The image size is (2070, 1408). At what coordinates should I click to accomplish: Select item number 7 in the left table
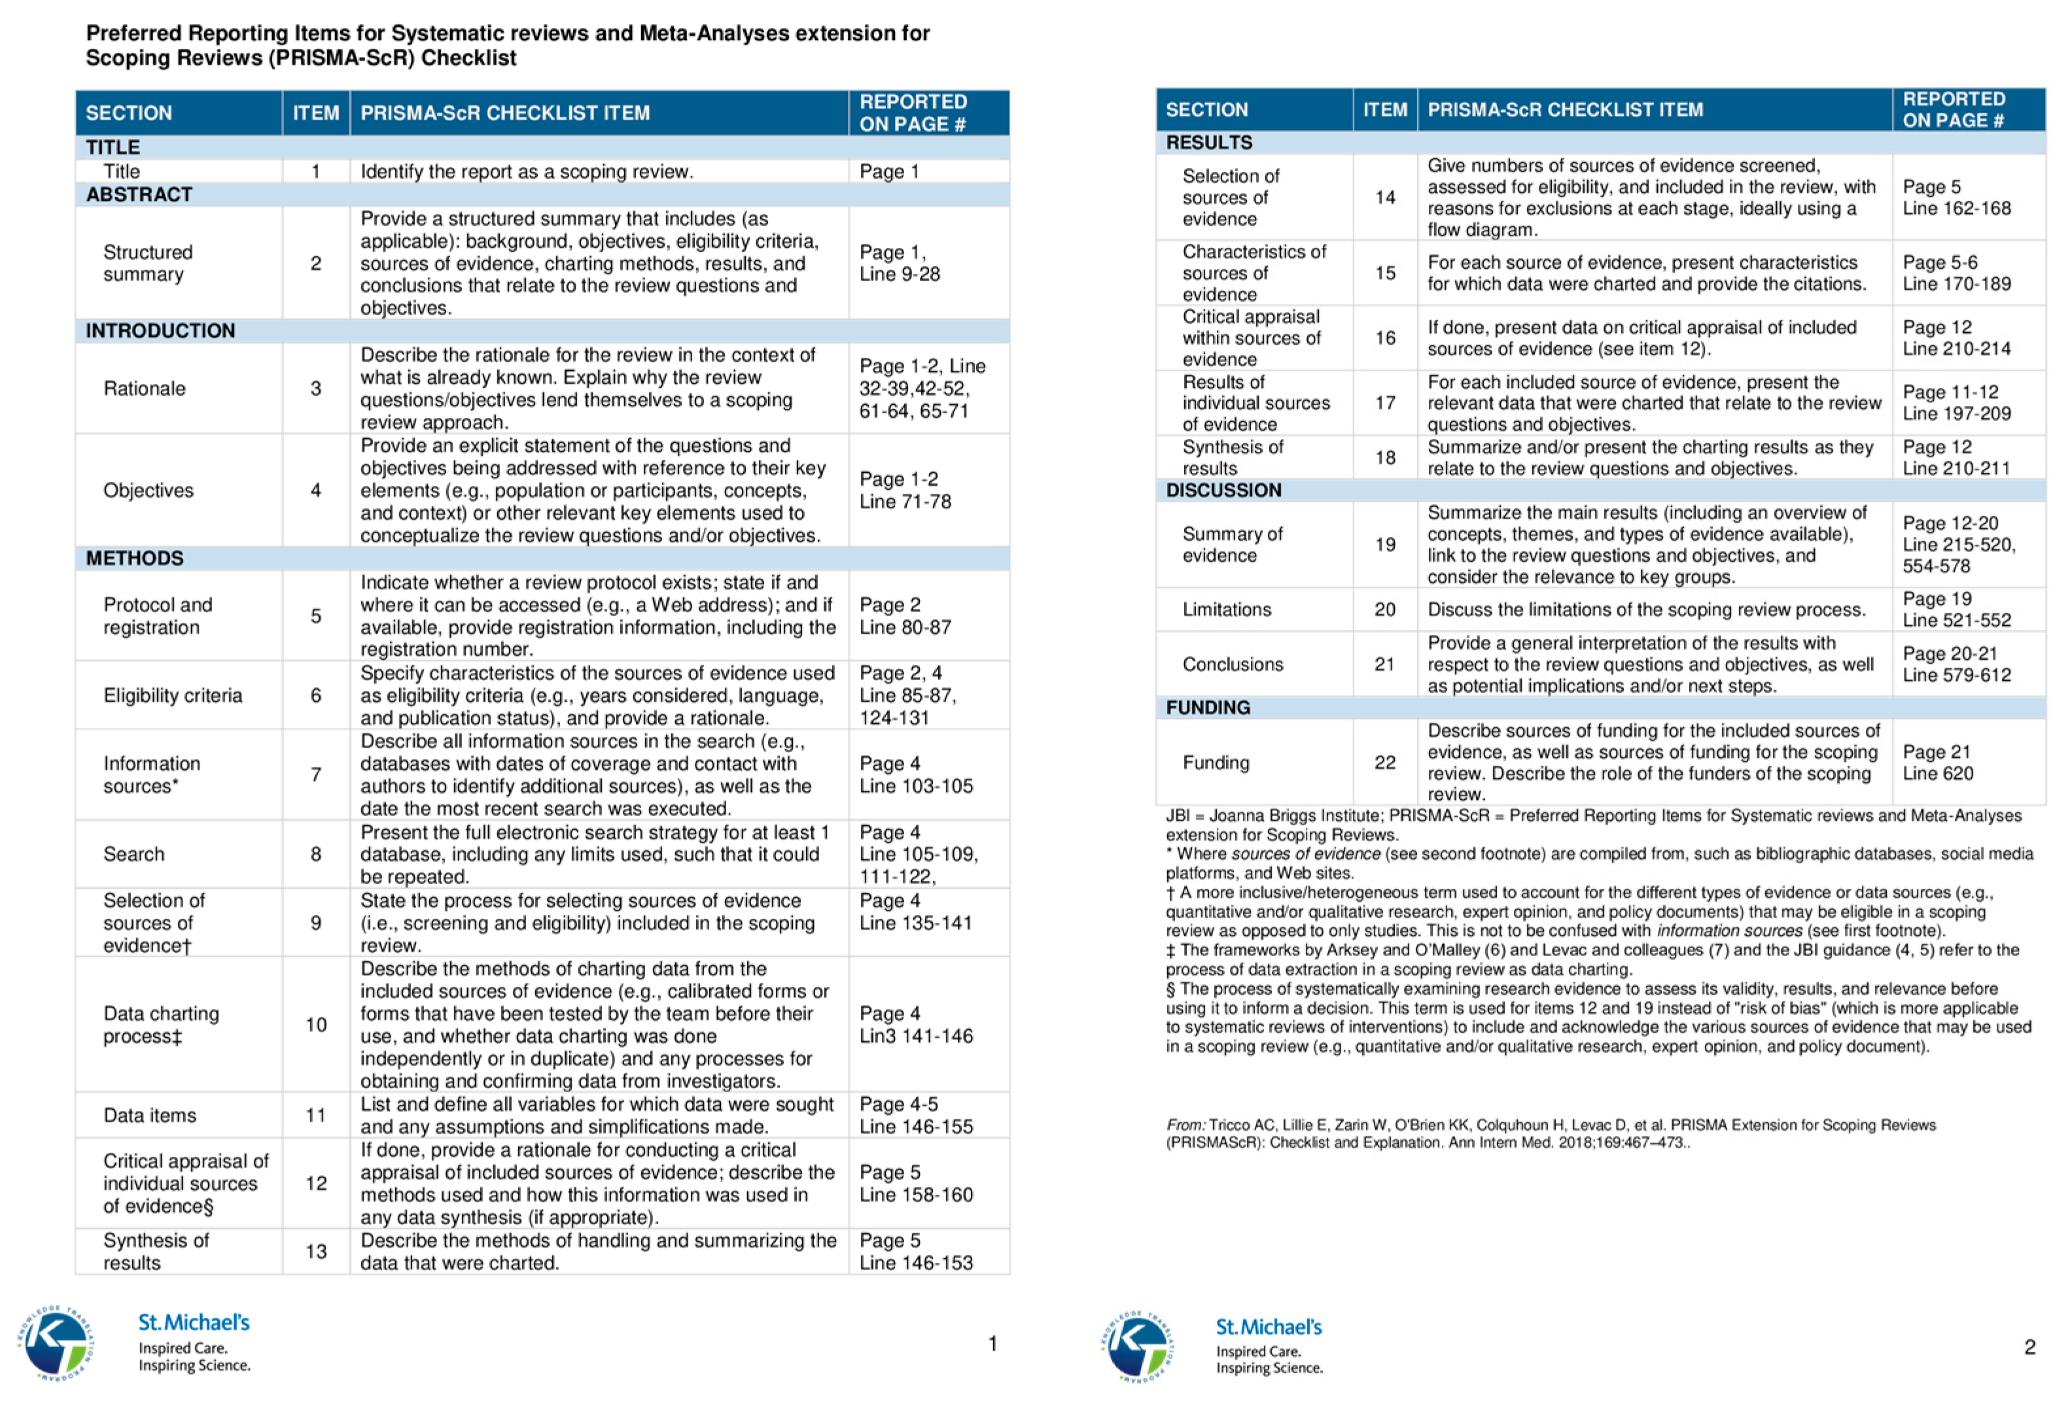(x=315, y=775)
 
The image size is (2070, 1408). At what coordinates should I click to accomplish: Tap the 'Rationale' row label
(x=145, y=388)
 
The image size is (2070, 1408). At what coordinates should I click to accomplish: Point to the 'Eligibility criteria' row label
(x=173, y=696)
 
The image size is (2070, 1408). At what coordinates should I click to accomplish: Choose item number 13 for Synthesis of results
(x=316, y=1251)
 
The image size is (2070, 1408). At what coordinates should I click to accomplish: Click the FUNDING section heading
(x=1208, y=707)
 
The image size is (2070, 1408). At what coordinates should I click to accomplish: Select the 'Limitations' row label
(x=1227, y=609)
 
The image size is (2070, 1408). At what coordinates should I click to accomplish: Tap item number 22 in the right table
(x=1384, y=763)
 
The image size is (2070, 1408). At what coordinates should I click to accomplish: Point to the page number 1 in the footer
(x=992, y=1343)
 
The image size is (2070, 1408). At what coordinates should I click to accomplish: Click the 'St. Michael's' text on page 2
(x=1269, y=1327)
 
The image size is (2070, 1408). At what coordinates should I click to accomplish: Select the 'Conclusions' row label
(x=1233, y=664)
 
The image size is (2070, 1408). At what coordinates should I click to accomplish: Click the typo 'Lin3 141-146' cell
(x=916, y=1025)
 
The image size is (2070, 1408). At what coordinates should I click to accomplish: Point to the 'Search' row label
(x=133, y=854)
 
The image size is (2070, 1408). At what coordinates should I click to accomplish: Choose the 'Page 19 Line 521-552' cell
(x=1956, y=609)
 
